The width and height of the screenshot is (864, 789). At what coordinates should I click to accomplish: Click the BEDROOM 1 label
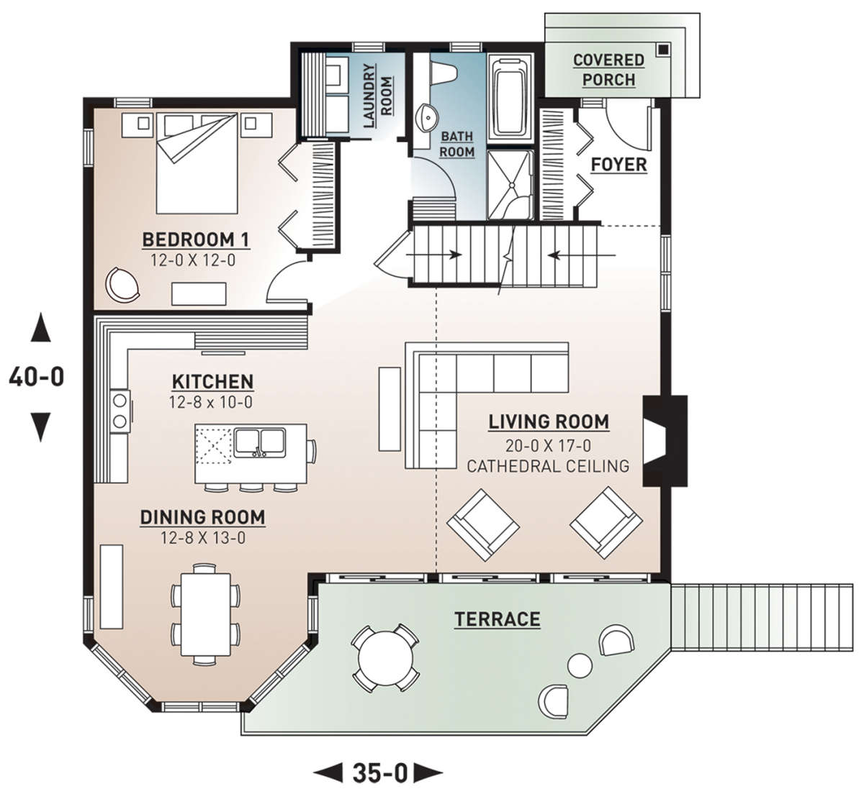coord(196,240)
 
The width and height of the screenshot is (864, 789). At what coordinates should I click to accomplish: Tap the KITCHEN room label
coord(213,382)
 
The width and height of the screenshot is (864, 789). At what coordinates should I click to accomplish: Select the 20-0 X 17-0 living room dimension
coord(548,446)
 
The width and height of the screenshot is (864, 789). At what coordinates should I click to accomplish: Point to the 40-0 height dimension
coord(37,377)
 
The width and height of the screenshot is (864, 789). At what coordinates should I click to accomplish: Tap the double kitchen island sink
coord(260,442)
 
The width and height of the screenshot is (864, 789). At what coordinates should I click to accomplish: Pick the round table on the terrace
coord(385,657)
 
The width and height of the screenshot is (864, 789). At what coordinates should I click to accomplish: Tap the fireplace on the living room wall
coord(664,441)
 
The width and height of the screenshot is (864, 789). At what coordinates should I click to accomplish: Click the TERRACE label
coord(498,619)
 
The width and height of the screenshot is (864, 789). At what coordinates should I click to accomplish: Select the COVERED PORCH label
coord(608,70)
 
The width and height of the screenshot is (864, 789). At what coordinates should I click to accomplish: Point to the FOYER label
coord(618,165)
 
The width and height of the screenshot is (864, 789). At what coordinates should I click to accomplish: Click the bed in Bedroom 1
coord(197,163)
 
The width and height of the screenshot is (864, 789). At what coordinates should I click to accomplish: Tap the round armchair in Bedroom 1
coord(122,285)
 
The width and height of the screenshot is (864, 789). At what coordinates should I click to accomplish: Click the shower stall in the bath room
coord(510,185)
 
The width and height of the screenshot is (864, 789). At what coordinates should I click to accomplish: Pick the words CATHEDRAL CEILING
coord(548,466)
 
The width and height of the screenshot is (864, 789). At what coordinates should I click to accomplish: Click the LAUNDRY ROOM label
coord(378,96)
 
